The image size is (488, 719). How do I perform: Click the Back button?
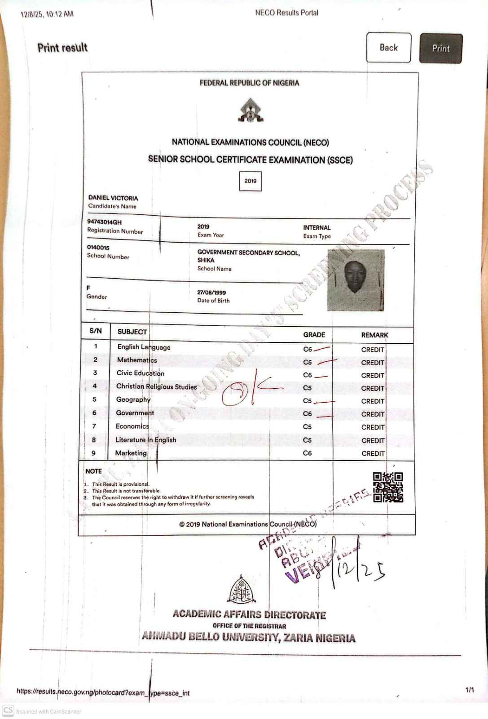coord(388,48)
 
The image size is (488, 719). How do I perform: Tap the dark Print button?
coord(440,49)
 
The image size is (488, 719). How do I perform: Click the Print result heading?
coord(62,48)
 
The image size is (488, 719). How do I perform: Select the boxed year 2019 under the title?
coord(251,181)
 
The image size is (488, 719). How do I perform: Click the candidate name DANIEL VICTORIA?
coord(113,198)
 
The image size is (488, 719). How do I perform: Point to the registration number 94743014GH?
coord(104,222)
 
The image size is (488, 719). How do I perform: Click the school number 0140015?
coord(98,248)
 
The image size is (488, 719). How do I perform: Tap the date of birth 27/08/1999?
coord(211,292)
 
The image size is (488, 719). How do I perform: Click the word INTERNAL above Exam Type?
coord(317,228)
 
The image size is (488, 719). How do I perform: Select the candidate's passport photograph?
coord(356,280)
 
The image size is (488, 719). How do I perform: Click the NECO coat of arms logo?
coord(251,111)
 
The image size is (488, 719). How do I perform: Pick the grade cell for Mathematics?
coord(308,362)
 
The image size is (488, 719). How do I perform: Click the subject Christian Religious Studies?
coord(156,386)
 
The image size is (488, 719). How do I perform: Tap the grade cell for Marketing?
coord(308,453)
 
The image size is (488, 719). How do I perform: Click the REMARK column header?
coord(374,335)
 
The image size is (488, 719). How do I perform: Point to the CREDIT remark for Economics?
coord(373,427)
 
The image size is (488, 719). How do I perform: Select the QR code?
coord(388,487)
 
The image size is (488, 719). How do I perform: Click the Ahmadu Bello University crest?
coord(242,589)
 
